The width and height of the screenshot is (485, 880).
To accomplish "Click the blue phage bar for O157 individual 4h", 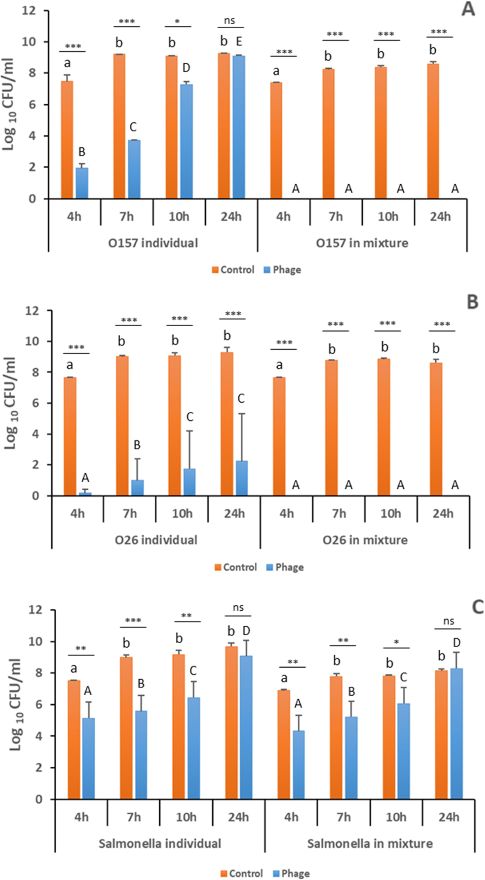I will (82, 183).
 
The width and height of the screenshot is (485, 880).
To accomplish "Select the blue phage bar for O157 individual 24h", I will (239, 127).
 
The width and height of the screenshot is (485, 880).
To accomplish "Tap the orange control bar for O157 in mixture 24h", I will (433, 131).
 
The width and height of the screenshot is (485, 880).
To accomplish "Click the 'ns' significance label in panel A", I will (230, 21).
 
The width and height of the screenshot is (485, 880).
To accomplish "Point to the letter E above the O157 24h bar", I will (239, 41).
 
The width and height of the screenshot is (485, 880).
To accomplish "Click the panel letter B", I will (472, 302).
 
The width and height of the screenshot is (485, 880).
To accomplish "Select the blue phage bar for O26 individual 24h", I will (241, 478).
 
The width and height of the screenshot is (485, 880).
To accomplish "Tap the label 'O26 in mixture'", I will (365, 540).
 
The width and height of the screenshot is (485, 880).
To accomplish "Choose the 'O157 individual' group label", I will (153, 243).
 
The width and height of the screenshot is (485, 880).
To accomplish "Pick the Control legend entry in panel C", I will (241, 873).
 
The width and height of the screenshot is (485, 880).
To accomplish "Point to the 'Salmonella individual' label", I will (160, 843).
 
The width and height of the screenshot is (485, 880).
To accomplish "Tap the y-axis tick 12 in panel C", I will (35, 610).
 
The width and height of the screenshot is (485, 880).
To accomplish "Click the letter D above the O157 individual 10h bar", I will (186, 68).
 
